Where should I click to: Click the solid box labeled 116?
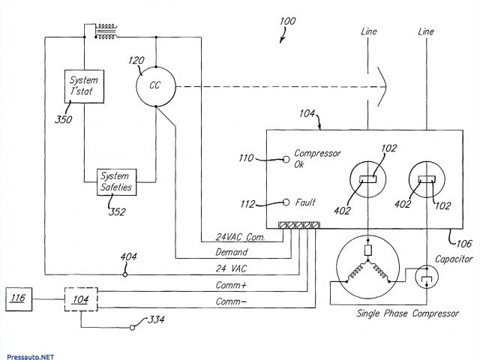click(x=19, y=299)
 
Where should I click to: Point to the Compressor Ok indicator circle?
click(x=286, y=160)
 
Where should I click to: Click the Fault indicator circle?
click(x=286, y=202)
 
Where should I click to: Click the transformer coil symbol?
click(x=106, y=31)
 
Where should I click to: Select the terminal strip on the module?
click(x=299, y=225)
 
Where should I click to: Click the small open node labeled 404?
click(x=125, y=274)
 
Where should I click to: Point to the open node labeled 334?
click(x=132, y=328)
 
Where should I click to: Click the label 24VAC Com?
click(x=240, y=237)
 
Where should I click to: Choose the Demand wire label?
click(x=232, y=252)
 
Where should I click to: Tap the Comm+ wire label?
click(x=231, y=285)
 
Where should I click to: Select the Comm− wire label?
click(x=231, y=301)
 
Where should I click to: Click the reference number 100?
click(x=287, y=21)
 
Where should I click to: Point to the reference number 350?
click(x=63, y=119)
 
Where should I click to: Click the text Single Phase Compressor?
click(x=407, y=313)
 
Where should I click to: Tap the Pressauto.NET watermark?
click(x=30, y=357)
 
